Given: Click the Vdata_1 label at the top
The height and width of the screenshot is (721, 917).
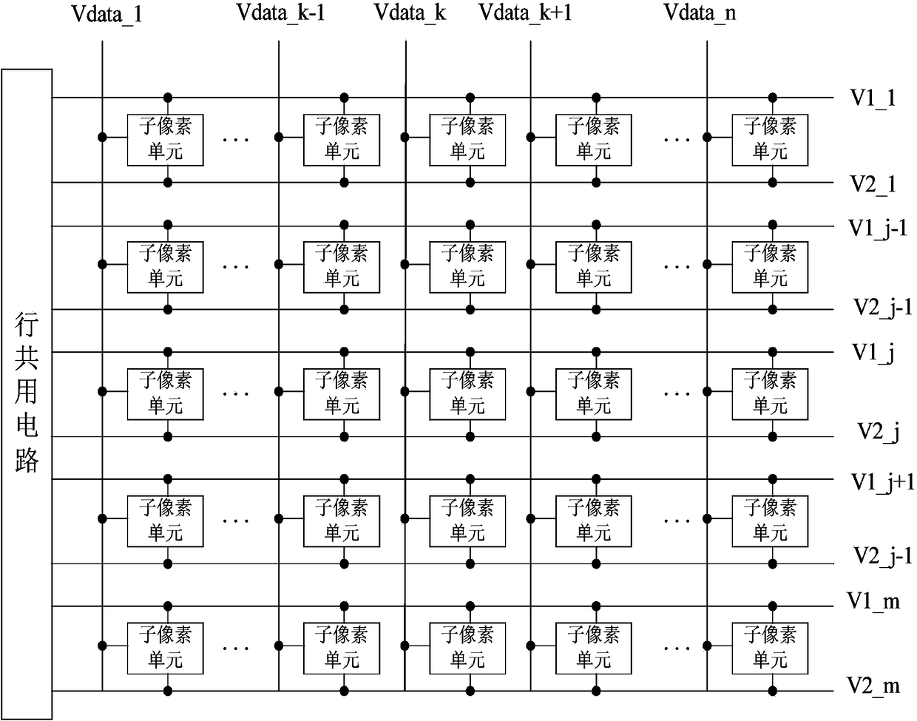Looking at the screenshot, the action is click(x=106, y=14).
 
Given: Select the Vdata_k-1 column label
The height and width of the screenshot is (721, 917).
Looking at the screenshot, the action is click(x=281, y=13).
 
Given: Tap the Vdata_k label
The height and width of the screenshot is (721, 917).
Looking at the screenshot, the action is click(x=410, y=13).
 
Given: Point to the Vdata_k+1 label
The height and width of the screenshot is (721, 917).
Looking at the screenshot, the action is click(x=525, y=13).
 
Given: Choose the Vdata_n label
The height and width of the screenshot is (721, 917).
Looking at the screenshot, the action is click(x=700, y=13).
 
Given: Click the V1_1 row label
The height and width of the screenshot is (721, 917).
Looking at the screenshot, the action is click(x=873, y=99).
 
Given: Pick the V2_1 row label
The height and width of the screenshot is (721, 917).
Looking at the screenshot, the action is click(x=873, y=185).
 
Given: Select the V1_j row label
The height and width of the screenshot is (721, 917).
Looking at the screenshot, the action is click(x=873, y=353).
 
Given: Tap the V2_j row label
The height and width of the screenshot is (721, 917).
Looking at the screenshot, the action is click(x=879, y=433).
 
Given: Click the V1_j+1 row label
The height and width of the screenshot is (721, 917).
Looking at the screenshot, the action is click(x=882, y=483).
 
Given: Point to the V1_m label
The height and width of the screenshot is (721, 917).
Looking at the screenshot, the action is click(x=873, y=601).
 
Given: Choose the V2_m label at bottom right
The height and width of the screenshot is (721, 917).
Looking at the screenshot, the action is click(x=873, y=686).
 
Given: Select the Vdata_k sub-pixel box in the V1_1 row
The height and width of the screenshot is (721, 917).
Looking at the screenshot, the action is click(x=467, y=140).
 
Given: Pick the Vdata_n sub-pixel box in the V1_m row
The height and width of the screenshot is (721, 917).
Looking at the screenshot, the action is click(x=770, y=649).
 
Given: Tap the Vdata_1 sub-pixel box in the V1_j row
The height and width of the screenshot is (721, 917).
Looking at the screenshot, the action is click(x=166, y=394).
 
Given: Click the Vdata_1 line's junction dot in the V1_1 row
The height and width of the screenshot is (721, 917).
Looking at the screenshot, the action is click(x=102, y=138).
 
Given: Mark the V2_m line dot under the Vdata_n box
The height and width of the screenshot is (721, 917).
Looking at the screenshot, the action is click(x=773, y=691).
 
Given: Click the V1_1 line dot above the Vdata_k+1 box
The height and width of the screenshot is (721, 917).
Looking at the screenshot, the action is click(x=596, y=98).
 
